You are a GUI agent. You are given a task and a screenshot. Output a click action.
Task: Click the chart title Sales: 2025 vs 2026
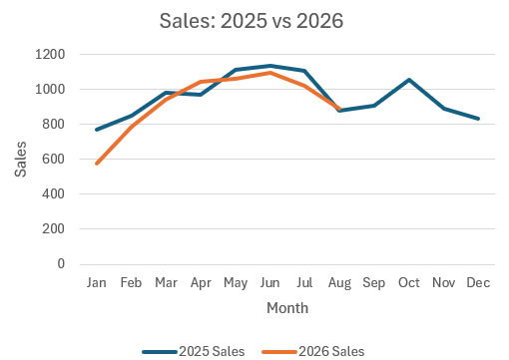coord(252,21)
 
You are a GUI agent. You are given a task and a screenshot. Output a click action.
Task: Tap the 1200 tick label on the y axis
coord(50,54)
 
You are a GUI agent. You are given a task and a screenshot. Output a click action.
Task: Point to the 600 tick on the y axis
coord(53,159)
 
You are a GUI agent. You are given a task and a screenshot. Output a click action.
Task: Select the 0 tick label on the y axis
coord(61,263)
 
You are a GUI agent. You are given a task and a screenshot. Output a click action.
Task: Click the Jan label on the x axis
coord(97,282)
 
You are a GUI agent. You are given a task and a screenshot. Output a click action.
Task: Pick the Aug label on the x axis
coord(339,283)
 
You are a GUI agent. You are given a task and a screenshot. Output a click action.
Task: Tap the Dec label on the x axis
coord(478,282)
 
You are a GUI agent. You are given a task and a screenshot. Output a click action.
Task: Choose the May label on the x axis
coord(236,283)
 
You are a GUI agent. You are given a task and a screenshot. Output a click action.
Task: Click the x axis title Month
coord(287,308)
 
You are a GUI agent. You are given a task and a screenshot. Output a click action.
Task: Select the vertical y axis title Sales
coord(21,160)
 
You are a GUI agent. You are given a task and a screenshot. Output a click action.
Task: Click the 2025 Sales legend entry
coord(194,351)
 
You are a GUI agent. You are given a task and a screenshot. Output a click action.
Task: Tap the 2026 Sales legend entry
coord(313,351)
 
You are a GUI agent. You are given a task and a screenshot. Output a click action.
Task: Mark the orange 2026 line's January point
coord(97,164)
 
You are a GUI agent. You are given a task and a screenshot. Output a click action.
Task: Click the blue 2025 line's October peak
coord(409,80)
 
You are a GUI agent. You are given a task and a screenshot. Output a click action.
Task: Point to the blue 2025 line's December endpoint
coord(478,119)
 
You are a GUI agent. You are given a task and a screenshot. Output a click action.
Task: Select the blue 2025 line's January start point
coord(97,130)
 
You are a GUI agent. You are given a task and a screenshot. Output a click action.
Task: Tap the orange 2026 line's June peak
coord(270,73)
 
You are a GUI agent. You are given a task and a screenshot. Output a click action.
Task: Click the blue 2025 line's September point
coord(374,106)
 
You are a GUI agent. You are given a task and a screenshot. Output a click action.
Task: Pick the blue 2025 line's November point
coord(444,109)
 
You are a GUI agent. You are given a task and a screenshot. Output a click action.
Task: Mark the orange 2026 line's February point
coord(132,126)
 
